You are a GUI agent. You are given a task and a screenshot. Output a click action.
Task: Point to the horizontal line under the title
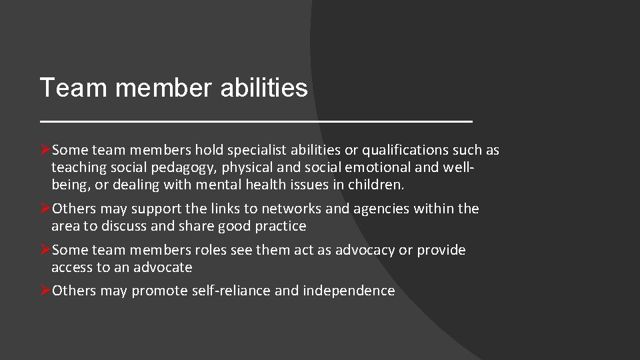(x=256, y=121)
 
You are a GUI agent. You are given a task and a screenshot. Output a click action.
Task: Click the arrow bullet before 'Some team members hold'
(x=45, y=150)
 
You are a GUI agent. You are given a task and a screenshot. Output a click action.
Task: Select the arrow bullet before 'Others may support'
(x=45, y=209)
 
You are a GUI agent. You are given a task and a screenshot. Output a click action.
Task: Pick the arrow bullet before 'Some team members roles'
(x=45, y=250)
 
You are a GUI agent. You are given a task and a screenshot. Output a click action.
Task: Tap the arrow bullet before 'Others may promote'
(x=45, y=291)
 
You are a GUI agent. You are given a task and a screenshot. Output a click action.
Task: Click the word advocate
(x=163, y=267)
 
